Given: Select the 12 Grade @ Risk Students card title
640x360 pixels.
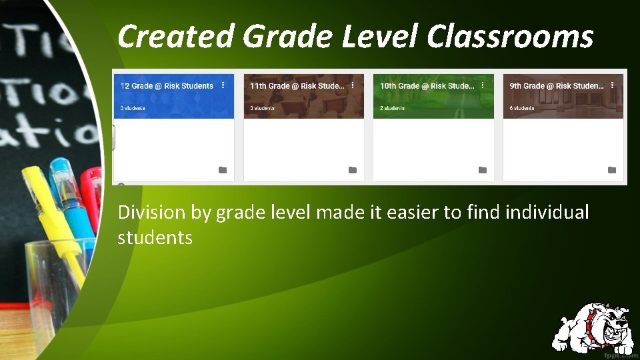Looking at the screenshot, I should [x=167, y=86].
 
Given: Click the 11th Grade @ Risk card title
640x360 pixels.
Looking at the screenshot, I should [x=297, y=86].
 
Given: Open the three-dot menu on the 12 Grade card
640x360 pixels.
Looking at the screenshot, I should [x=223, y=85].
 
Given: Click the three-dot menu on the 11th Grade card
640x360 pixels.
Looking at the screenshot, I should [x=353, y=85].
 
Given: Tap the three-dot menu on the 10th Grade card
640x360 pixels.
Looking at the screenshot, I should [x=483, y=85].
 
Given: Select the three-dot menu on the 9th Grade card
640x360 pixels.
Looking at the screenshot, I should [x=612, y=85].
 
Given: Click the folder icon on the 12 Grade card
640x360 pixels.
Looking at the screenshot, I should [x=223, y=170].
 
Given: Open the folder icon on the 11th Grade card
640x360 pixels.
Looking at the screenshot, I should [x=353, y=170].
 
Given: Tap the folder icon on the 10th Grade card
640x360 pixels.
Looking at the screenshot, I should [x=483, y=170].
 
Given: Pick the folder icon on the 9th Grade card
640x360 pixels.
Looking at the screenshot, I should [x=612, y=170].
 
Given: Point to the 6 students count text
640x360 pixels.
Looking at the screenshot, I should [x=522, y=108].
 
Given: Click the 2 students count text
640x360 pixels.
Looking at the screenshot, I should [x=392, y=108].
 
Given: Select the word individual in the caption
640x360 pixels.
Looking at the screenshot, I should [x=547, y=213].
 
